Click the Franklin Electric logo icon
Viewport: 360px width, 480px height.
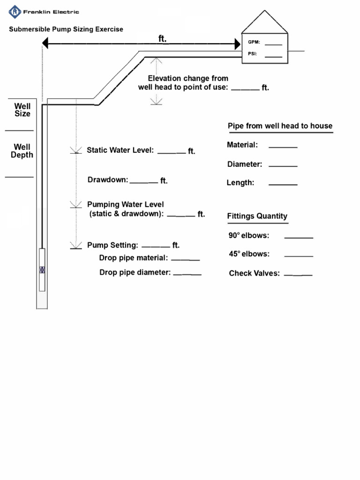[x=15, y=12]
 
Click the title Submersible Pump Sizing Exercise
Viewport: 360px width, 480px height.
[x=66, y=29]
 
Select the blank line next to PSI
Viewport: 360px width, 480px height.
[x=273, y=56]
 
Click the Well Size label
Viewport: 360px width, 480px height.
[x=22, y=110]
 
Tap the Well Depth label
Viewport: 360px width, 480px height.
[x=22, y=151]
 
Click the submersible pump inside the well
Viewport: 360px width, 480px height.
[x=42, y=270]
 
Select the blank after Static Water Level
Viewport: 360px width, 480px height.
[x=172, y=152]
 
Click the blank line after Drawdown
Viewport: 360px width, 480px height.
[x=143, y=182]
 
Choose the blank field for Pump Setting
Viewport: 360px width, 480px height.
[x=156, y=247]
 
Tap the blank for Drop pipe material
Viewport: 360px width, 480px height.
[x=186, y=259]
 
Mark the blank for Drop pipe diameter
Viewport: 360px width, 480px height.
[x=187, y=274]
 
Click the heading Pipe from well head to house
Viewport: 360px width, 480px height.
[x=280, y=126]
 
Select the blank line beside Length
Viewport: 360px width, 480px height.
[x=283, y=184]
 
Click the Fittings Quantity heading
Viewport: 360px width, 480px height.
[x=257, y=216]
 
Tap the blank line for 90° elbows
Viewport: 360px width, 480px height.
[x=299, y=237]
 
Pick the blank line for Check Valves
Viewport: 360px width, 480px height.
[x=298, y=275]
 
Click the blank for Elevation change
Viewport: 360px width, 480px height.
[x=245, y=89]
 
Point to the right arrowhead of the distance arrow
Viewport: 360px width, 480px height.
[x=237, y=44]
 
